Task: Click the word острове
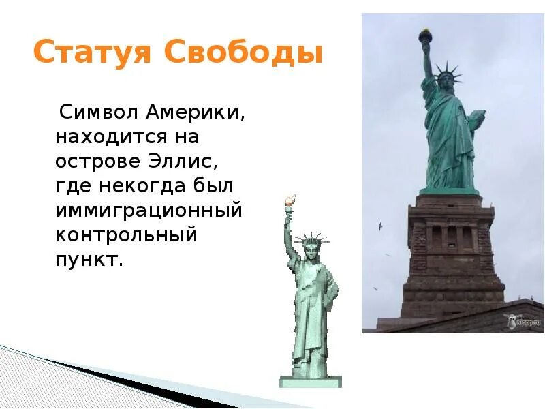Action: (99, 162)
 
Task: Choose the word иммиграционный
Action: (149, 211)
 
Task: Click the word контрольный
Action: (126, 235)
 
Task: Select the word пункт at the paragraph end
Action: (89, 260)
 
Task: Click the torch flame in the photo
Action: (425, 32)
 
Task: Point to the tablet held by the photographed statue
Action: (476, 118)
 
